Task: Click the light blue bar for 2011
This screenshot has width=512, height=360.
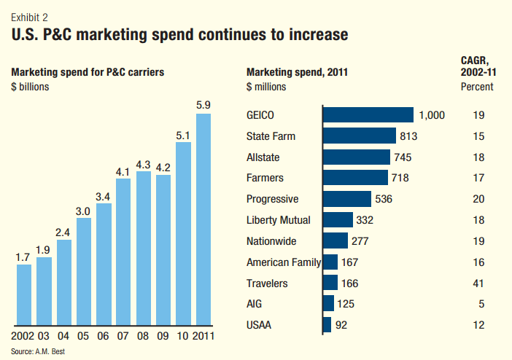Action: pos(203,218)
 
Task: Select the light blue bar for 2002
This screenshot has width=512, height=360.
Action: pos(24,294)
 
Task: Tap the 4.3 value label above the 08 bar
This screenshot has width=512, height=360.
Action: pos(144,164)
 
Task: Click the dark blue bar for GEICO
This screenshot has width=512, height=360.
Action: pos(368,114)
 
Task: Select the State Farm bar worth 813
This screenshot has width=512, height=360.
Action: pos(359,136)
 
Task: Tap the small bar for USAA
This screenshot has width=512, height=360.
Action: pos(327,324)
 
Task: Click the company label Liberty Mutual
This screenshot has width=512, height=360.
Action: pos(279,219)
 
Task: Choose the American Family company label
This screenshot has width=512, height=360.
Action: pos(284,262)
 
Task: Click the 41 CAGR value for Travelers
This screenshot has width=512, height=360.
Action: pos(478,283)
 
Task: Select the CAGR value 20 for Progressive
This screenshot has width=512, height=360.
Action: pos(478,198)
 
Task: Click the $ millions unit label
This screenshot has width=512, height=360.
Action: pos(266,87)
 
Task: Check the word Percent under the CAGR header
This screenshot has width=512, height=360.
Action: pos(477,87)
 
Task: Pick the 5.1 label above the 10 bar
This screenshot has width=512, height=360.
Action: pos(183,135)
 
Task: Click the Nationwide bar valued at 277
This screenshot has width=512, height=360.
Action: pos(335,240)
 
